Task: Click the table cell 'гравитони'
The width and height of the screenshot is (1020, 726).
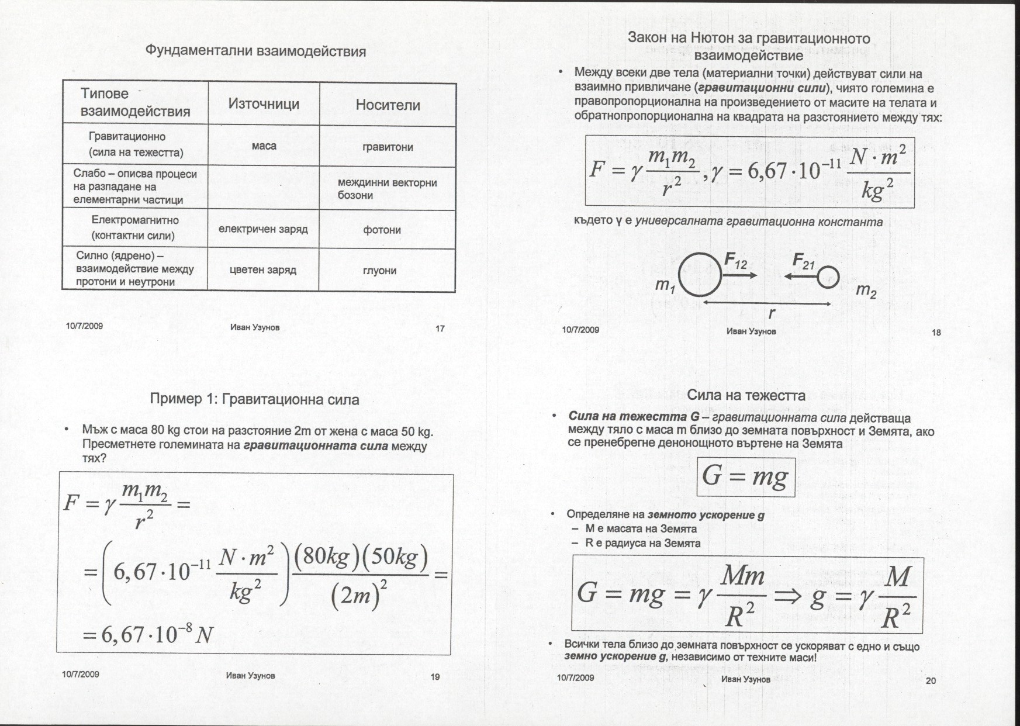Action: pos(388,147)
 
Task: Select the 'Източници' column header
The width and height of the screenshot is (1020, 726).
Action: pos(264,104)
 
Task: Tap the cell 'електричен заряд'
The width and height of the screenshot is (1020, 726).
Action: pos(263,229)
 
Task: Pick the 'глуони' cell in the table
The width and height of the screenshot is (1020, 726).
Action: pos(379,271)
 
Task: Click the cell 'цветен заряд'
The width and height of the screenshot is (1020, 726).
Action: pos(263,270)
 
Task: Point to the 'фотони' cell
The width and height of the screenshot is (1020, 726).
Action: pos(382,230)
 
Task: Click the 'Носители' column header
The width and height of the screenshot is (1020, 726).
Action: pos(388,105)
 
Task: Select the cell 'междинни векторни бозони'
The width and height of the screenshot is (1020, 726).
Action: pos(387,189)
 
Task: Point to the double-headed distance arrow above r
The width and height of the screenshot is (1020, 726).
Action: pos(766,303)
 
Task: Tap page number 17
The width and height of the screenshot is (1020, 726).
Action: pos(440,329)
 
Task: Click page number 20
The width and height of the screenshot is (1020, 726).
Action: pos(931,680)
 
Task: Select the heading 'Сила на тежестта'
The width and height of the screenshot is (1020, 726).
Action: pos(746,395)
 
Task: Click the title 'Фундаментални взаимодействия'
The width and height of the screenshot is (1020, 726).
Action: pos(255,51)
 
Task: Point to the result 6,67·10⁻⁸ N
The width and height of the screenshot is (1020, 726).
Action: pos(147,634)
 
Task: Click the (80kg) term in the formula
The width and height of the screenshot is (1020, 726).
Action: pos(320,559)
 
